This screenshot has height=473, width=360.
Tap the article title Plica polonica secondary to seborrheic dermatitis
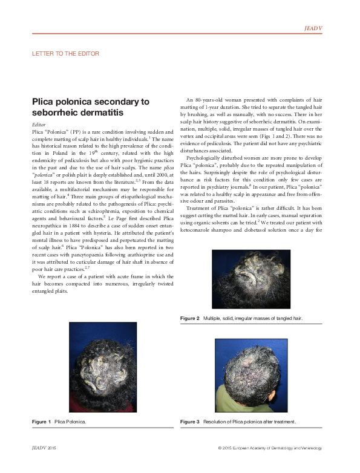[90, 107]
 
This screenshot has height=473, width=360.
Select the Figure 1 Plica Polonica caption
[59, 420]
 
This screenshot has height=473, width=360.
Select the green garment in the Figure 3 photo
[233, 402]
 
